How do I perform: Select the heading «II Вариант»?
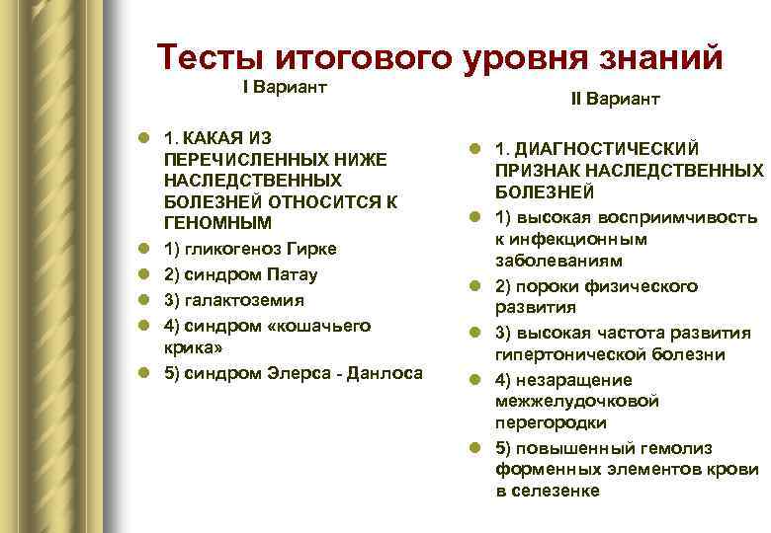(615, 100)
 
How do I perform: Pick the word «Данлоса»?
(385, 372)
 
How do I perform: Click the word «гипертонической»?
(569, 354)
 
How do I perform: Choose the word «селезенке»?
(556, 491)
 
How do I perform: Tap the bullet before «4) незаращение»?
(475, 380)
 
